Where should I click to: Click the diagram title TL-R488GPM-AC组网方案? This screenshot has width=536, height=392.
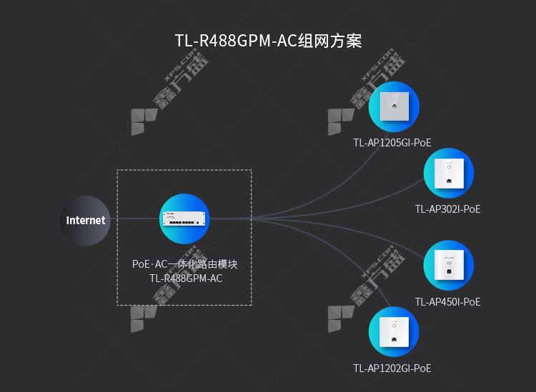point(268,41)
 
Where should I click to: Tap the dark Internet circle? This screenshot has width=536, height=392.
point(85,221)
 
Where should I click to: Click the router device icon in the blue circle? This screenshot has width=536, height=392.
point(184,218)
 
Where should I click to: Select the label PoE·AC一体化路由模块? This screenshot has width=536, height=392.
point(184,264)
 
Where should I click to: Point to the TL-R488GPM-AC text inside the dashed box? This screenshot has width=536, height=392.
point(186,278)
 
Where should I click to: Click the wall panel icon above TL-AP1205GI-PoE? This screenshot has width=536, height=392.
point(394,106)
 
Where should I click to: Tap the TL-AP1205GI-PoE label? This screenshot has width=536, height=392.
point(392,143)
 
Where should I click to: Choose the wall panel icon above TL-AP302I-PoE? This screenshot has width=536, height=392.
point(450,173)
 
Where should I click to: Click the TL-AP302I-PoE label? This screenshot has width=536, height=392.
point(448,209)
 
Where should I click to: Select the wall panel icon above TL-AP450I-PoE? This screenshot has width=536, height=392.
point(450,265)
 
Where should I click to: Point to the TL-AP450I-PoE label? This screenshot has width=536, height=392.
point(448,302)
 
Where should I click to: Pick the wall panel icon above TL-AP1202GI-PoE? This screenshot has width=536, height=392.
point(394,332)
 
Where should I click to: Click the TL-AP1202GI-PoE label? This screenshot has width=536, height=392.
point(392,368)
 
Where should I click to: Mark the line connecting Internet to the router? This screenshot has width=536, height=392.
point(135,218)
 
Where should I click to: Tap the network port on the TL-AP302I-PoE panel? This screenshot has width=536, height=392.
point(450,181)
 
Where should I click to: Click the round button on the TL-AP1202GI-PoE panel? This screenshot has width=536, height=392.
point(394,326)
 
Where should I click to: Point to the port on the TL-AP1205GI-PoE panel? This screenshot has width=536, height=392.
point(394,106)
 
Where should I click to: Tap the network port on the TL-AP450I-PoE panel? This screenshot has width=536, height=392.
point(450,271)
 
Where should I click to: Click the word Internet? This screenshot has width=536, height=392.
point(86,221)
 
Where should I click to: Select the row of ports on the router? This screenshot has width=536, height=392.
point(182,223)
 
